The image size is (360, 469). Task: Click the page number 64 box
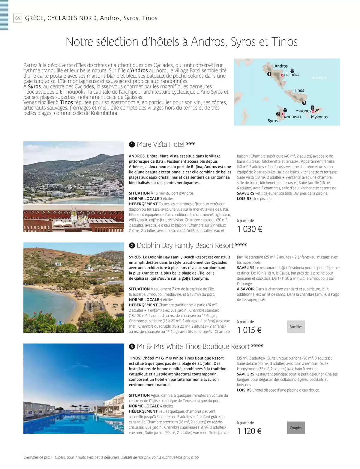[x=18, y=18]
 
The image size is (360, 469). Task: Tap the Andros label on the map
[x=281, y=66]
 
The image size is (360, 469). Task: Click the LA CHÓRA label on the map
[x=292, y=75]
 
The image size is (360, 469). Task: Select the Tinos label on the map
[x=299, y=90]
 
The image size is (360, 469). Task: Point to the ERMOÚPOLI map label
[x=291, y=117]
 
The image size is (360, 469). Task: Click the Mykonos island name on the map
[x=319, y=117]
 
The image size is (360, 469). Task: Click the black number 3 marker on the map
[x=304, y=103]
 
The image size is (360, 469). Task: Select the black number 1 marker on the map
[x=269, y=74]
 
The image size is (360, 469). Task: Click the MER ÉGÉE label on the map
[x=319, y=78]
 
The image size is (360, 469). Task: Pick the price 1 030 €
[x=249, y=229]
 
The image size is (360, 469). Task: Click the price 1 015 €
[x=249, y=330]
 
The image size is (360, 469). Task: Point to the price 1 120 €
[x=249, y=431]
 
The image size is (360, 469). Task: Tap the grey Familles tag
[x=296, y=327]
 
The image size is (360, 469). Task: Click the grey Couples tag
[x=296, y=428]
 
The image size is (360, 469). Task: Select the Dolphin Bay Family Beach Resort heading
[x=185, y=245]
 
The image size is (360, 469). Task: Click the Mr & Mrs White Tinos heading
[x=193, y=347]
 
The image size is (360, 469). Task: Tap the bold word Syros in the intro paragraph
[x=34, y=86]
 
